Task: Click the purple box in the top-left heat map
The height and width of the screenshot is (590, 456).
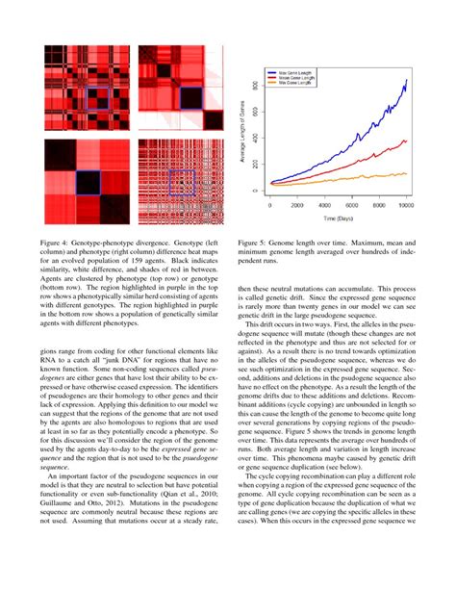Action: [x=97, y=99]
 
